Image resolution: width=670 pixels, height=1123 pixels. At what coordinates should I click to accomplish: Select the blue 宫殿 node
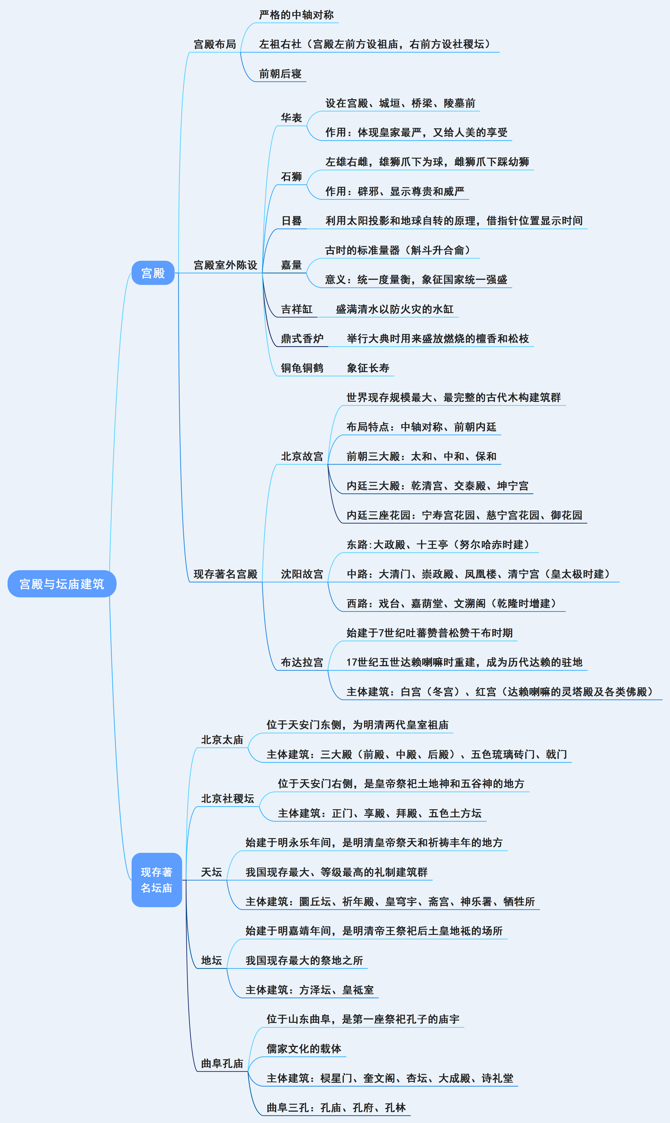coord(153,273)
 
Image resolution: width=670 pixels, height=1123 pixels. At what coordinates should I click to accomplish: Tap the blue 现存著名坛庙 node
coord(157,880)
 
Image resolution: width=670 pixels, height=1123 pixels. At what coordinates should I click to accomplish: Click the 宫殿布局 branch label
coord(215,44)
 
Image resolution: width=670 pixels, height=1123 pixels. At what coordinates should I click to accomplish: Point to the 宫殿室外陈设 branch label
coord(225,265)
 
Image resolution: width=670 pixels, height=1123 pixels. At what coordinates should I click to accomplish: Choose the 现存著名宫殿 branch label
coord(225,574)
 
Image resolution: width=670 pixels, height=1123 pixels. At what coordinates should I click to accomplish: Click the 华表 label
coord(291,118)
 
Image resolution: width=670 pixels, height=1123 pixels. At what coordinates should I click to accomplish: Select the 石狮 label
coord(291,177)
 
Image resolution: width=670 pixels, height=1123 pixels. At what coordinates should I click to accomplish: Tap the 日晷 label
coord(291,221)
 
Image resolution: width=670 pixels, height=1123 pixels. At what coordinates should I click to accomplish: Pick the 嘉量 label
coord(291,265)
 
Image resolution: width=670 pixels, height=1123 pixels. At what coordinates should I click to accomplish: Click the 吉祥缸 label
coord(297,309)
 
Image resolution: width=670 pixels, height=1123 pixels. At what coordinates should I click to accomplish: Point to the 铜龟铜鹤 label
coord(302,368)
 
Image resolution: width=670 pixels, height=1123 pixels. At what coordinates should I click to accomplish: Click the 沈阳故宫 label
coord(302,574)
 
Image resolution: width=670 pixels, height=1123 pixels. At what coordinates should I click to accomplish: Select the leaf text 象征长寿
coord(368,368)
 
